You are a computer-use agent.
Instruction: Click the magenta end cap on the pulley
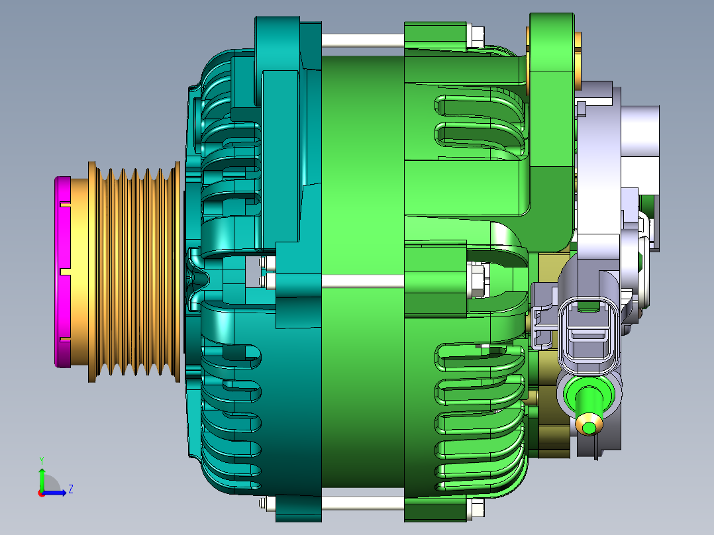[x=62, y=272]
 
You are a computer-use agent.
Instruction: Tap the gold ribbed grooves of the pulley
[x=134, y=272]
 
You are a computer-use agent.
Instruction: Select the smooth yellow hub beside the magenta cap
[x=79, y=272]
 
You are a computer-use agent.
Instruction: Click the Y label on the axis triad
[x=42, y=460]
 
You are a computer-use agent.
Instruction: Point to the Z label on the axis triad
[x=71, y=489]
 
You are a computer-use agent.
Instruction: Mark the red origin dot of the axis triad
[x=42, y=493]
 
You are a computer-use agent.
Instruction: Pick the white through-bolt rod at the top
[x=362, y=40]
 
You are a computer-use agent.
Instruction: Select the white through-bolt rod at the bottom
[x=362, y=503]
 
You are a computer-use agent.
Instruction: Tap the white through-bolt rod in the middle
[x=362, y=281]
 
